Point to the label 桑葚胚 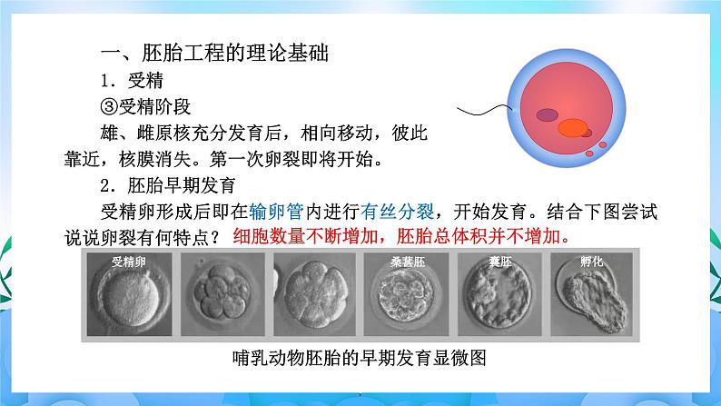[x=405, y=262]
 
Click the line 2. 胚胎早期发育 [x=169, y=186]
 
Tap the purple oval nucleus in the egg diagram [x=548, y=115]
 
